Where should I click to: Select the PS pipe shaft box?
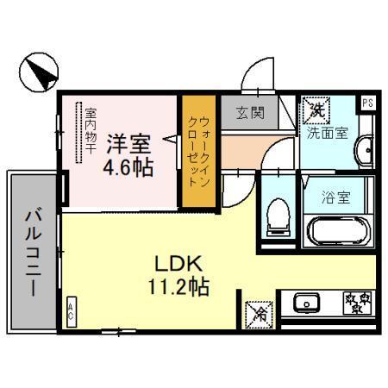point(368,102)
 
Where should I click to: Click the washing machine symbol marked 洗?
point(316,110)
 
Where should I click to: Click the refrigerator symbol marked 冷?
point(256,313)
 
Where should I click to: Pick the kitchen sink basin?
point(304,304)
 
